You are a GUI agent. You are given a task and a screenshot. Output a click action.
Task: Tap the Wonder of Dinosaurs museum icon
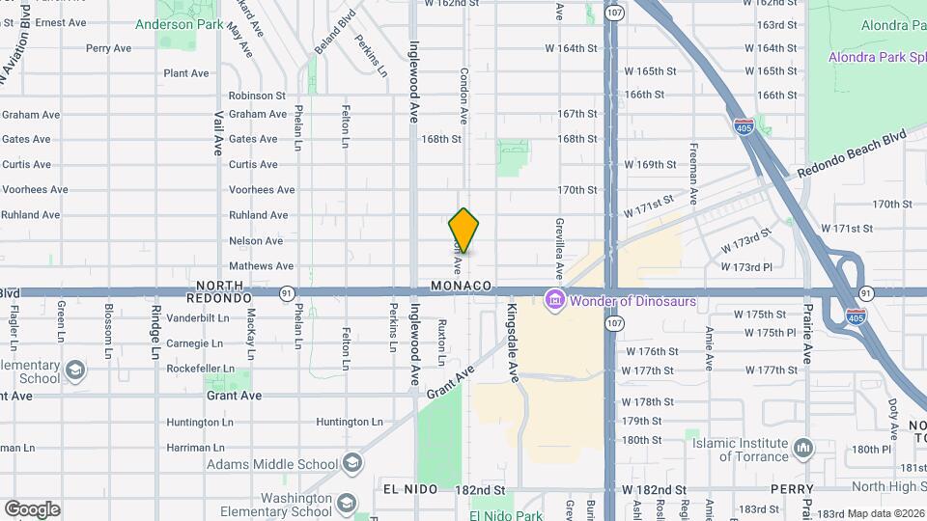[554, 301]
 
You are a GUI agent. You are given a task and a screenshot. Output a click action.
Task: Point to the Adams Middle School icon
[352, 464]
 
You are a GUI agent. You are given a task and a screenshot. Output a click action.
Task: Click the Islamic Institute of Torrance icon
[803, 448]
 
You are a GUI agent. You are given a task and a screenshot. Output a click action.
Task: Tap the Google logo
[32, 508]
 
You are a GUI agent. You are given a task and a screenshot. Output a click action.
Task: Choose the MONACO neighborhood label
[462, 287]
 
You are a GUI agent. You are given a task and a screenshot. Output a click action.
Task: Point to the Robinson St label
[257, 96]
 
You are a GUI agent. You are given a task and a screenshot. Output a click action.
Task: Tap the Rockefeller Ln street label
[200, 369]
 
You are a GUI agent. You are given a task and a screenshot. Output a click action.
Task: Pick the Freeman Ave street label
[694, 175]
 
